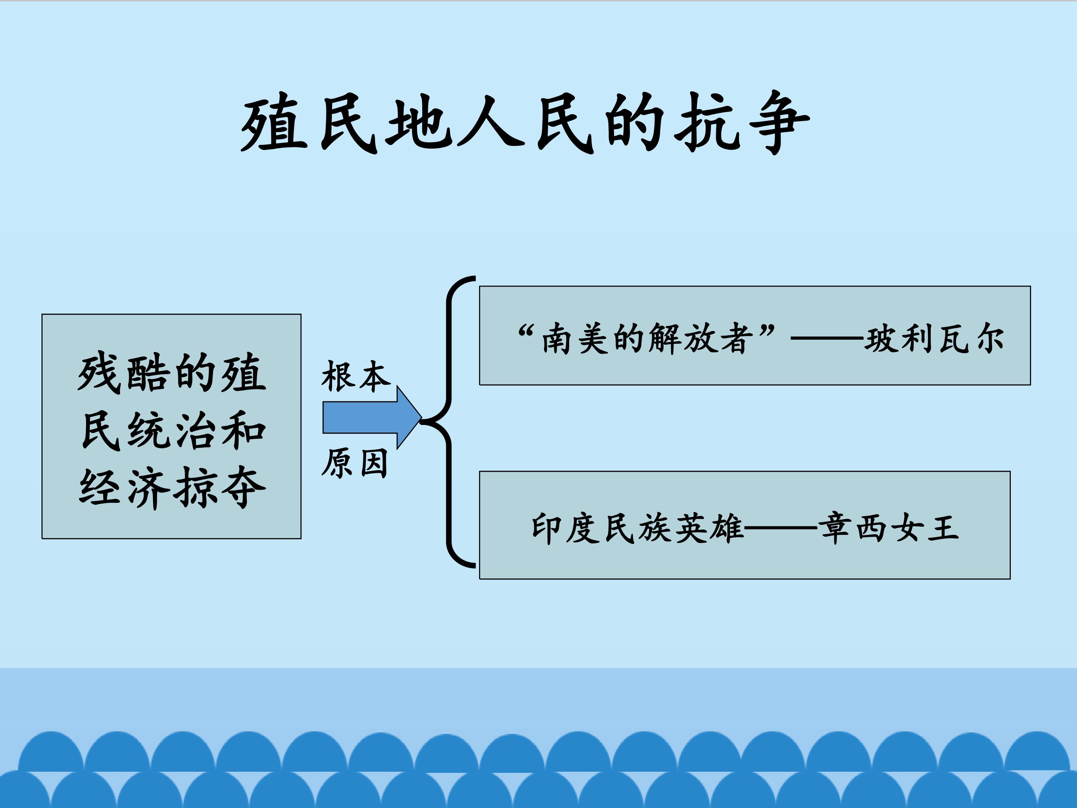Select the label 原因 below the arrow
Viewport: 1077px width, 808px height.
(x=355, y=463)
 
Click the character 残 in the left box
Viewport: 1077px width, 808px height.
(x=99, y=374)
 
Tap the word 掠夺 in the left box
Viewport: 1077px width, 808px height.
(x=220, y=488)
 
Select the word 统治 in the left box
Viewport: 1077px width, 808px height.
(x=173, y=431)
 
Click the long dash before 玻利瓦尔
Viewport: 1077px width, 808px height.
(x=827, y=337)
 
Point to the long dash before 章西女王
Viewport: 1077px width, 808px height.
(x=781, y=527)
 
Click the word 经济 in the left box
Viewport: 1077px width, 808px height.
(x=125, y=488)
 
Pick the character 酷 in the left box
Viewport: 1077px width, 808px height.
(x=148, y=374)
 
